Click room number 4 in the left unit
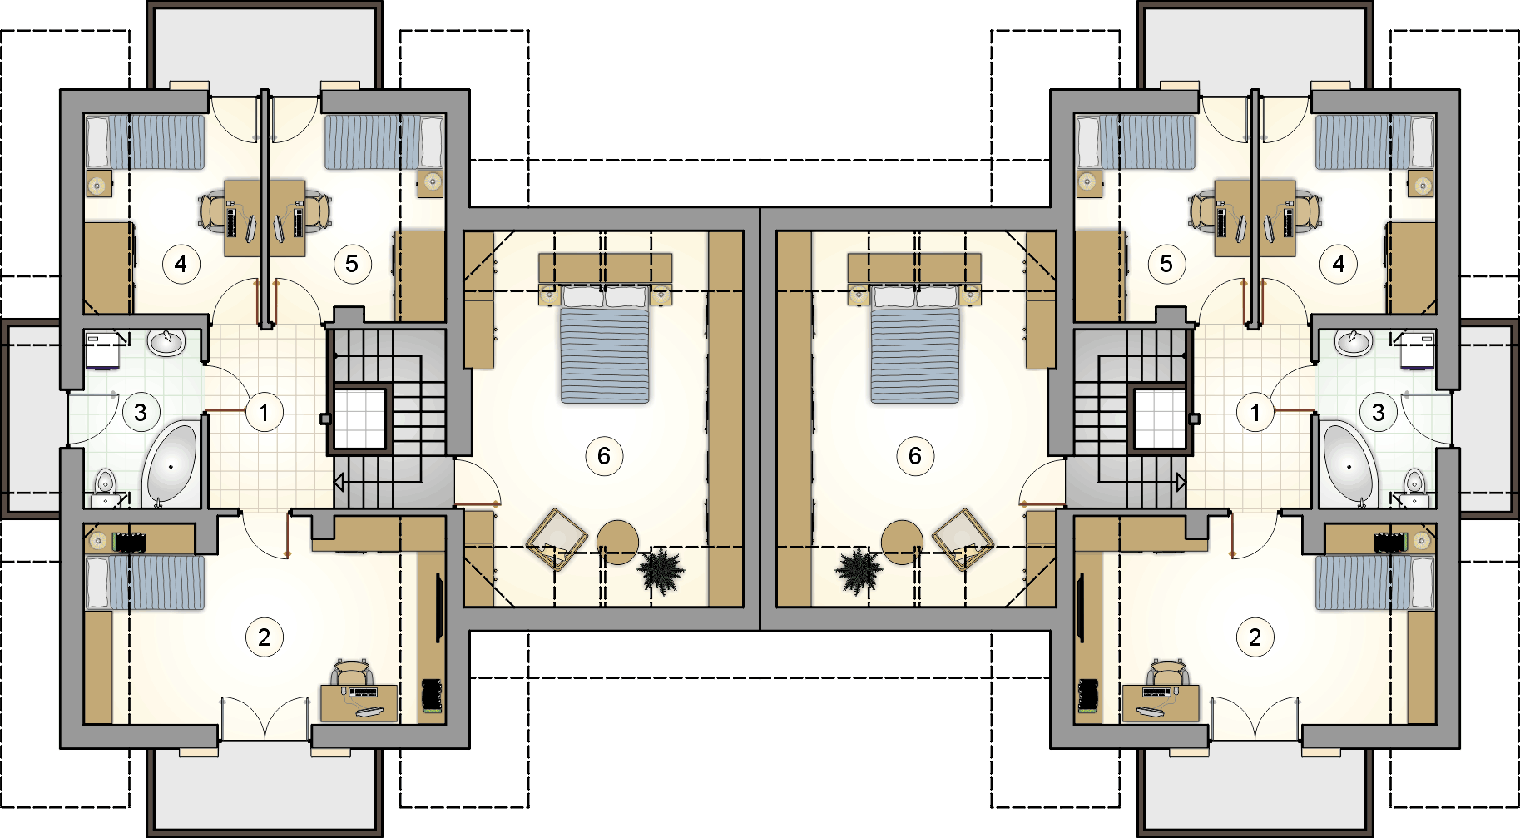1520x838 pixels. (x=181, y=265)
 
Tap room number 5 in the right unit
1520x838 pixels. (x=1166, y=265)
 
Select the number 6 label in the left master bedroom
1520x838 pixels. (x=604, y=456)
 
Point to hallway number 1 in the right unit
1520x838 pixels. (x=1255, y=412)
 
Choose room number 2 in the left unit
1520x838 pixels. (x=264, y=637)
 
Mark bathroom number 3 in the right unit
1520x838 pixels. (x=1379, y=412)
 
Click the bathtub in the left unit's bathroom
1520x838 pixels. (x=171, y=464)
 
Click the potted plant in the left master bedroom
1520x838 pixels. (x=661, y=570)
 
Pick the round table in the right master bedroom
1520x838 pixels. (x=902, y=542)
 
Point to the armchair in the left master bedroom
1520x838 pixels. (x=557, y=538)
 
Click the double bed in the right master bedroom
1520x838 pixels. (x=914, y=344)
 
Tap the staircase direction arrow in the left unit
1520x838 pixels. (x=339, y=482)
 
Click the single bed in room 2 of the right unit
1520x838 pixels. (x=1374, y=583)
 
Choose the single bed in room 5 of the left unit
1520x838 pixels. (x=384, y=141)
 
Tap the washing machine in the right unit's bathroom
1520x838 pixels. (x=1418, y=351)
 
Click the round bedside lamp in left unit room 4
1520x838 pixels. (x=99, y=183)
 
